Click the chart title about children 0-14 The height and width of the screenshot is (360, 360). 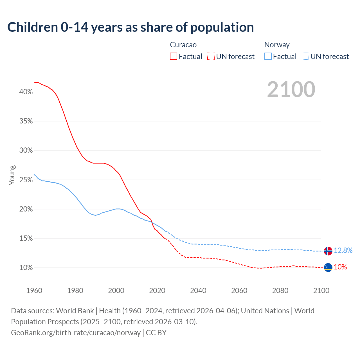pyautogui.click(x=130, y=27)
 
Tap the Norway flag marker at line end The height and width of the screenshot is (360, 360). pyautogui.click(x=328, y=251)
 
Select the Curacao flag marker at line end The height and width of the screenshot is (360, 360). pyautogui.click(x=328, y=267)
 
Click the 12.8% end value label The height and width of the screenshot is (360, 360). pyautogui.click(x=343, y=250)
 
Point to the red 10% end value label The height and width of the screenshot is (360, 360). pyautogui.click(x=340, y=267)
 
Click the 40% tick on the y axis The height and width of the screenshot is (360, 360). pyautogui.click(x=26, y=92)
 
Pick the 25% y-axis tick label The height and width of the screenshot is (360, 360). pyautogui.click(x=26, y=180)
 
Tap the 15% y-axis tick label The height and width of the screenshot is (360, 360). pyautogui.click(x=26, y=238)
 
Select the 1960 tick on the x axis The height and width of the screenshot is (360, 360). pyautogui.click(x=34, y=291)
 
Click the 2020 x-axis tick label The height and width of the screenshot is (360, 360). pyautogui.click(x=157, y=291)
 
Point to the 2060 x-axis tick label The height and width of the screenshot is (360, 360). pyautogui.click(x=239, y=291)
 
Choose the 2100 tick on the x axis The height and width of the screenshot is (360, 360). pyautogui.click(x=321, y=291)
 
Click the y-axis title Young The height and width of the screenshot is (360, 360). pyautogui.click(x=12, y=175)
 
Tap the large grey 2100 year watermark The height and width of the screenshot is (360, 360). pyautogui.click(x=291, y=89)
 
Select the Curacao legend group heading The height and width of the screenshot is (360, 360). pyautogui.click(x=183, y=45)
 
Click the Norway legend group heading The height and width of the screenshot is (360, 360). pyautogui.click(x=277, y=45)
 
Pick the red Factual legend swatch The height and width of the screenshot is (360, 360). pyautogui.click(x=174, y=57)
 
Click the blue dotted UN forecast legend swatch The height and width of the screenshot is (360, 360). pyautogui.click(x=305, y=57)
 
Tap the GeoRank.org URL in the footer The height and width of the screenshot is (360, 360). pyautogui.click(x=76, y=333)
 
